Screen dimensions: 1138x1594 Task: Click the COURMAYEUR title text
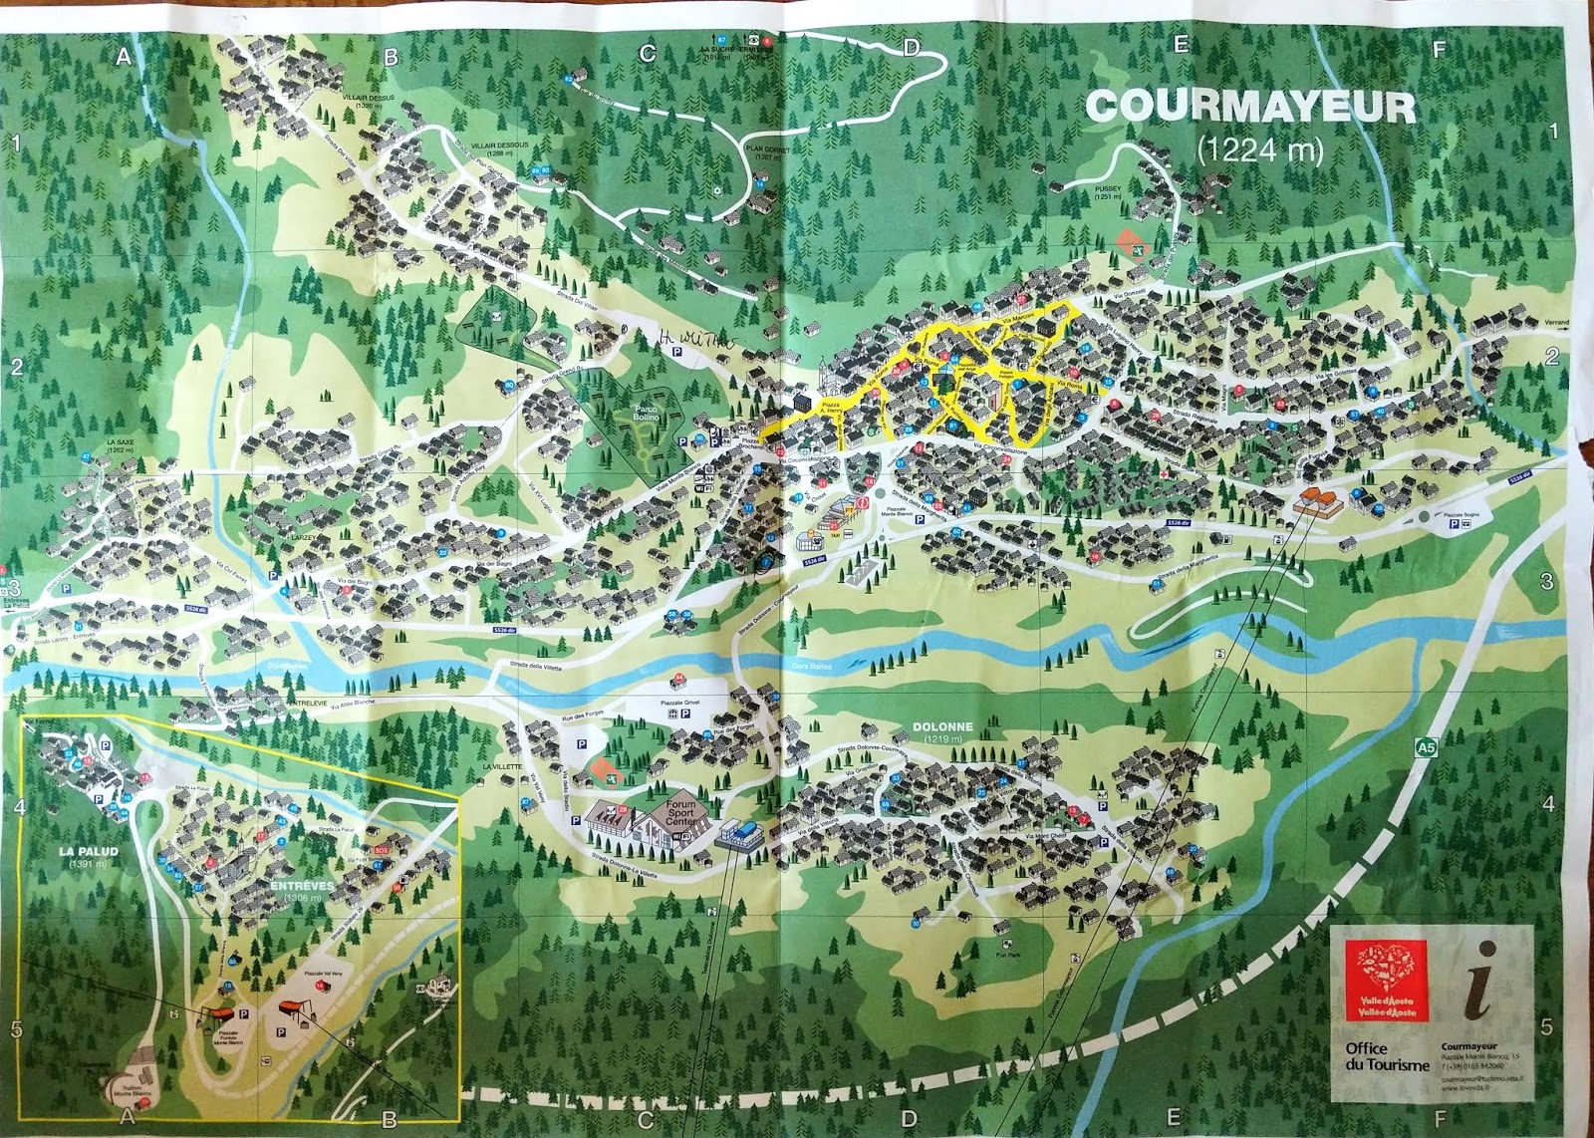click(1249, 107)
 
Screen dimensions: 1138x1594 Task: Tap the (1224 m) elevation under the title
click(1259, 149)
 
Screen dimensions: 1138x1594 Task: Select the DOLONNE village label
click(941, 727)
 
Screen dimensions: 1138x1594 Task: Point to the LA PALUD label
click(88, 852)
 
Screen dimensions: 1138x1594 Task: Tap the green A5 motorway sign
click(1427, 745)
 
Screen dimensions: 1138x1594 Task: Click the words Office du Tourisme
click(1386, 1056)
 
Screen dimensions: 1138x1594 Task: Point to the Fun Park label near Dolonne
click(1007, 955)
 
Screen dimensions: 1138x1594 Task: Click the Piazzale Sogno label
click(1463, 514)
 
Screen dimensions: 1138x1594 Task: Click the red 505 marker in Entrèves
click(381, 850)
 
